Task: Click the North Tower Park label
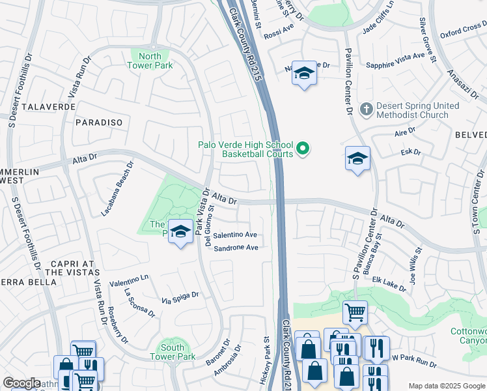pos(150,61)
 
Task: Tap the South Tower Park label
pos(173,352)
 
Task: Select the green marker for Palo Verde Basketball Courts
pos(303,150)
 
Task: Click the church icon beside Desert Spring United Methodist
pos(367,109)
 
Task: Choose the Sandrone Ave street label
pos(236,248)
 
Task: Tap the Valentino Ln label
pos(129,283)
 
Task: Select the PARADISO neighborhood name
pos(99,123)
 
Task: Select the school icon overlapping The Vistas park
pos(180,231)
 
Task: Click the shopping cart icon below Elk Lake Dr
pos(355,312)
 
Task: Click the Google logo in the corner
pos(21,383)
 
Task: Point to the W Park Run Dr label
pos(414,362)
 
